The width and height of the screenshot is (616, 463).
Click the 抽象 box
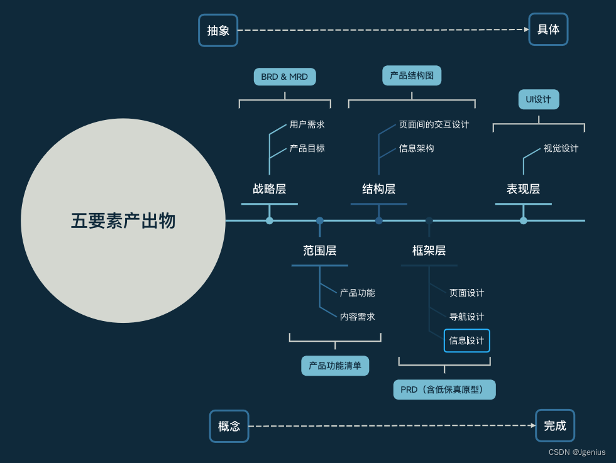pos(218,30)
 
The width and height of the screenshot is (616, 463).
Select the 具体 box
pos(548,30)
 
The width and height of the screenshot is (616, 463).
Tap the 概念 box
pos(229,426)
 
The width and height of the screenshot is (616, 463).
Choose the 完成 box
pos(555,425)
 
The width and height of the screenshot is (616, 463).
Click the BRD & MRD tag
pos(285,77)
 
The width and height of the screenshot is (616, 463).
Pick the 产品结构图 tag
pos(412,75)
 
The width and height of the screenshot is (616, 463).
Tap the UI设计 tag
pos(539,99)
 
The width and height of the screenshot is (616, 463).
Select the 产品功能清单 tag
pos(335,366)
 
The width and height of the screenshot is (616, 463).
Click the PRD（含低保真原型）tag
pos(444,389)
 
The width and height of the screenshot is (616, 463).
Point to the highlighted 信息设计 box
pos(466,340)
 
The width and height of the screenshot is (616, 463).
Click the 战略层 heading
pos(270,189)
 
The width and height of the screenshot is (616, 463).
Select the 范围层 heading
pos(320,251)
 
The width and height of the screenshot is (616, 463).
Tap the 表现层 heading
pos(524,189)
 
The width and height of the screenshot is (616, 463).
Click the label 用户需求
pos(307,124)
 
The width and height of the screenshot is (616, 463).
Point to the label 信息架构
pos(416,148)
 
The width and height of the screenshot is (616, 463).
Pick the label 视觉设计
pos(561,148)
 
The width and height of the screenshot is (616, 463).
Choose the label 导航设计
pos(466,317)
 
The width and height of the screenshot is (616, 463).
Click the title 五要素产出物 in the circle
pos(123,221)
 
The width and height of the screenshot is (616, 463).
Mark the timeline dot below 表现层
pos(524,221)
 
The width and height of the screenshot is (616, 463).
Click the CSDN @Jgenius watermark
pos(577,452)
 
